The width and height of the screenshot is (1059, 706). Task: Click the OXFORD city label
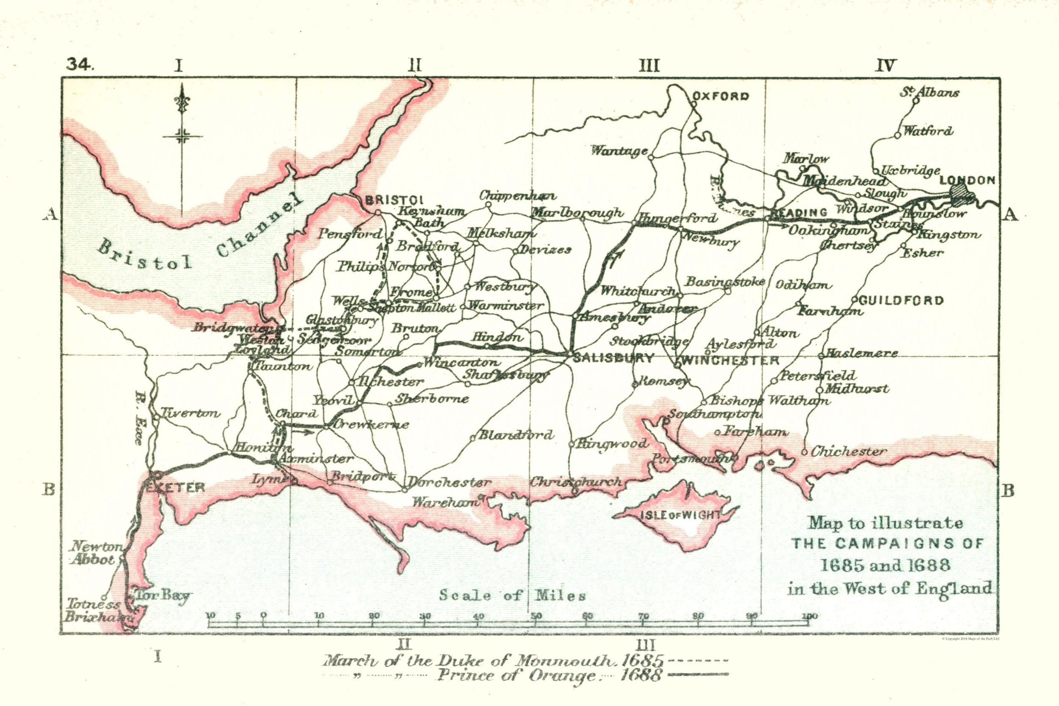720,96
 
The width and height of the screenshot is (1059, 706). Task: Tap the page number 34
79,66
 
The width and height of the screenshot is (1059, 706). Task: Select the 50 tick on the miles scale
535,617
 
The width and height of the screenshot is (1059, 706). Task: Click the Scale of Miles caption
513,596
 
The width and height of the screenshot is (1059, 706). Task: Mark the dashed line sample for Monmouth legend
699,661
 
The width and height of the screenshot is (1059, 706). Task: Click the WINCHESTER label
730,360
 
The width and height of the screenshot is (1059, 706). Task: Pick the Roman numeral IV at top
886,66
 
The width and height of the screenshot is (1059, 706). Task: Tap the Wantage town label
619,151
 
